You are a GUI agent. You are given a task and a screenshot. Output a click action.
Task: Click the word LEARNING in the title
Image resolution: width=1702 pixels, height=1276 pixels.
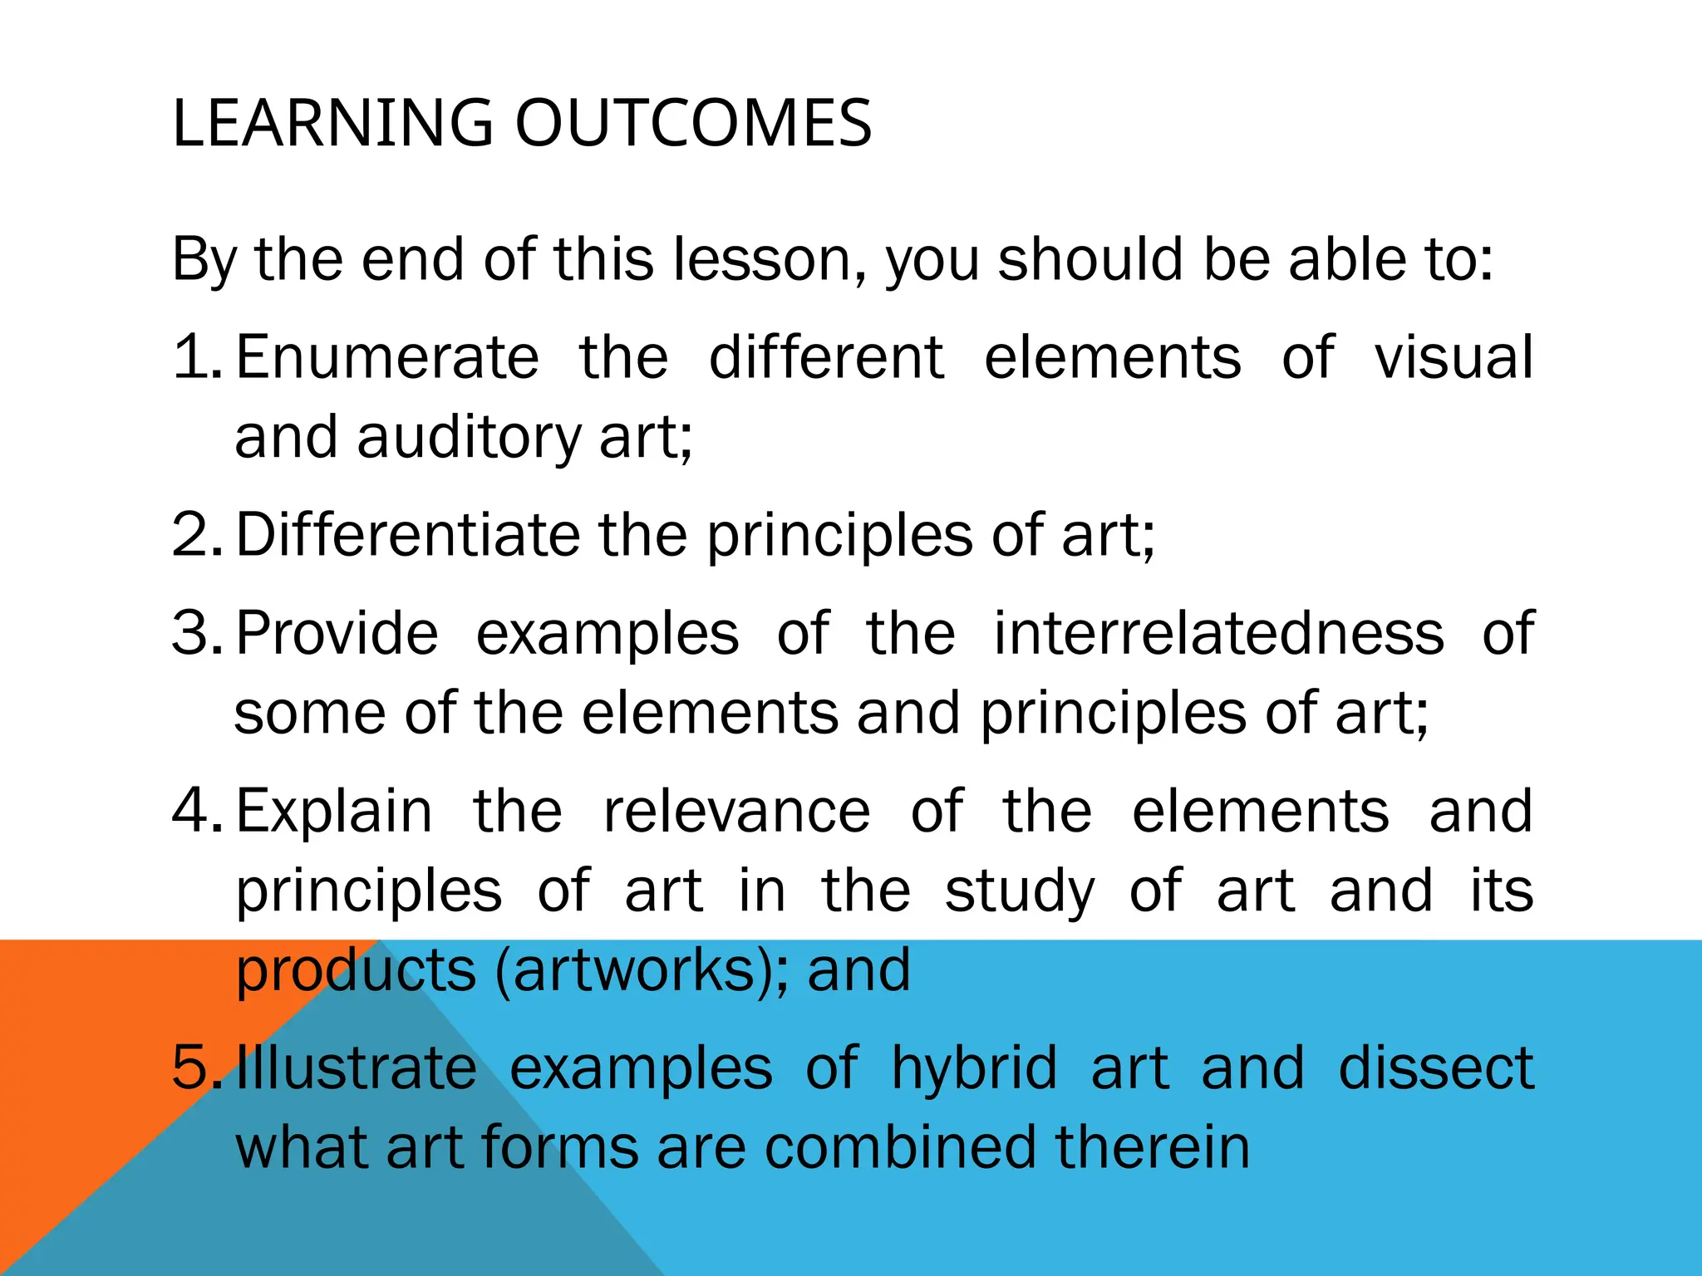pos(332,123)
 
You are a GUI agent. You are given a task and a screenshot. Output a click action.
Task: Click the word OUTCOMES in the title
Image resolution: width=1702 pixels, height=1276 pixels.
pos(693,123)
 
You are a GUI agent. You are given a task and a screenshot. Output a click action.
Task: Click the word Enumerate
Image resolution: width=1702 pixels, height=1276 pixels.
pos(388,357)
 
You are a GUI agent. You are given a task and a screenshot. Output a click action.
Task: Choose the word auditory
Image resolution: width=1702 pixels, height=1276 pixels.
pos(469,438)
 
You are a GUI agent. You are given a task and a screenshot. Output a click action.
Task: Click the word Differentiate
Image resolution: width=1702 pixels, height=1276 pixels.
pos(408,534)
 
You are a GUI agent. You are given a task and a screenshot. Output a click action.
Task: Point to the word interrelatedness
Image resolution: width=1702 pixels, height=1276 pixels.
pos(1218,633)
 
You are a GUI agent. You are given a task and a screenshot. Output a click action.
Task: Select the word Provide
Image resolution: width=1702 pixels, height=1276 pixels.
pos(337,633)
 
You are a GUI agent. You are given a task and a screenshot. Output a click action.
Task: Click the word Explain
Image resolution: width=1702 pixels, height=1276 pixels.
pos(334,811)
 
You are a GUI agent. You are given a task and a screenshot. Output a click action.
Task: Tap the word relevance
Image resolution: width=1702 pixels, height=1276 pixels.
pos(736,811)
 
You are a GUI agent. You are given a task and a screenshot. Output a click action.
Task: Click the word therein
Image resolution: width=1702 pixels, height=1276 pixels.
pos(1153,1147)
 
